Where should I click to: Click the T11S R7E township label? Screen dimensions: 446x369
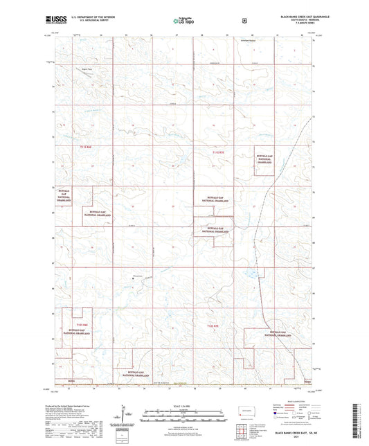coord(219,152)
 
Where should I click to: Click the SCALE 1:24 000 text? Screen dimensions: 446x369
coord(184,407)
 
